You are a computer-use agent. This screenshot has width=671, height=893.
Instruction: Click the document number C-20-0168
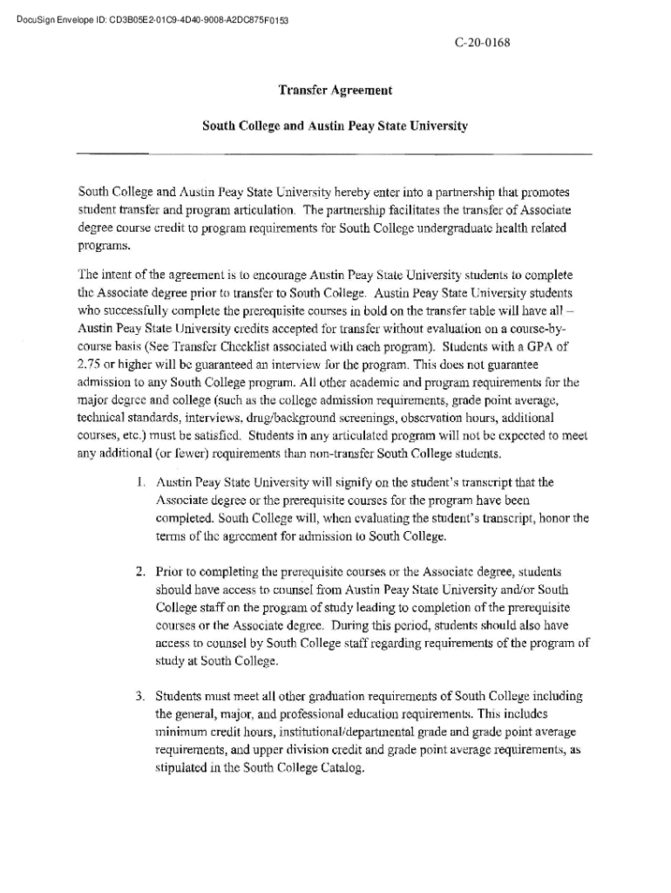pyautogui.click(x=482, y=41)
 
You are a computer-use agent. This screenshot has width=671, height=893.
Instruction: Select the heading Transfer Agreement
pyautogui.click(x=335, y=90)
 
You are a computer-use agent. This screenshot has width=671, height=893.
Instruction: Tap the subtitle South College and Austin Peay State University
pyautogui.click(x=335, y=126)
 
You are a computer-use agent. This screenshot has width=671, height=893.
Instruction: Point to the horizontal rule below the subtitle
pyautogui.click(x=335, y=155)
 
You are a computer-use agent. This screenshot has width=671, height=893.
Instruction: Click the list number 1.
pyautogui.click(x=140, y=481)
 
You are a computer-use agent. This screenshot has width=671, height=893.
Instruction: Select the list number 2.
pyautogui.click(x=139, y=572)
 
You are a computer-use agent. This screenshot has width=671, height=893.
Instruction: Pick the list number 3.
pyautogui.click(x=139, y=697)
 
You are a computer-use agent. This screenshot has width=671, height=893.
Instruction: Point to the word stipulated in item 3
pyautogui.click(x=180, y=769)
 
